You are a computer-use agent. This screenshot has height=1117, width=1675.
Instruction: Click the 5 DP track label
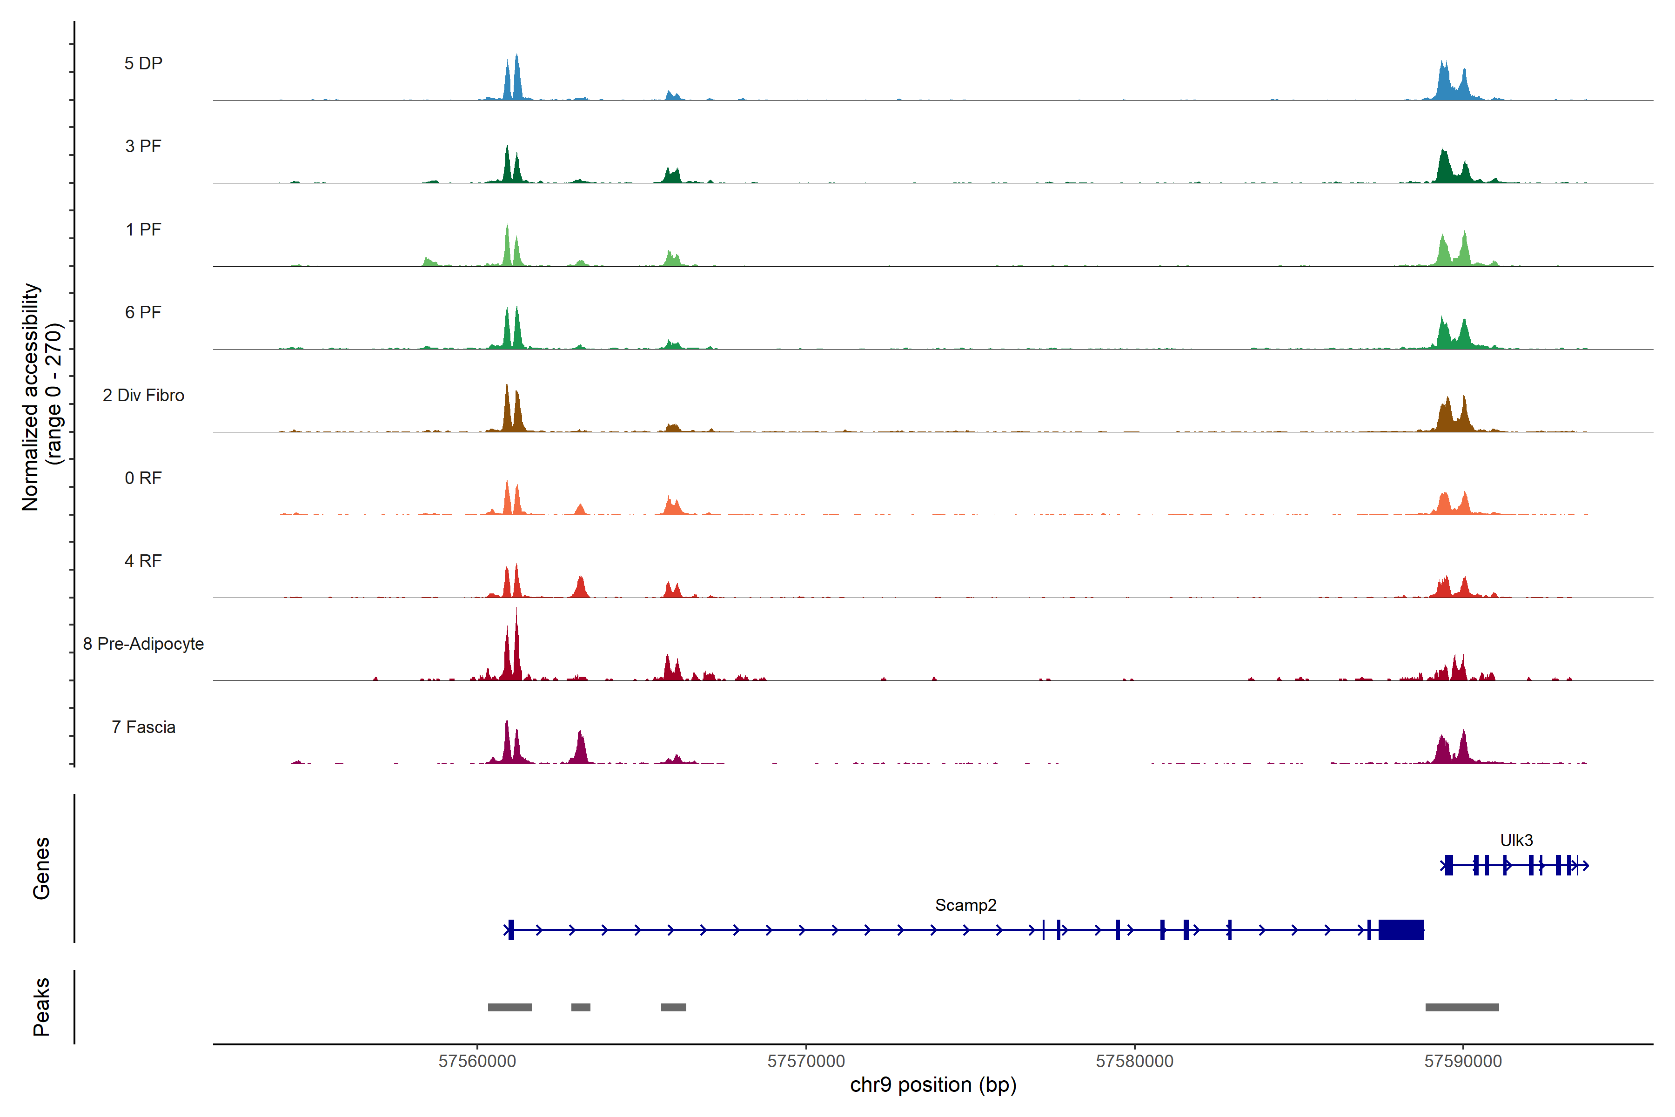click(143, 63)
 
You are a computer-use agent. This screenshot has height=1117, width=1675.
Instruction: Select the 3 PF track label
click(143, 146)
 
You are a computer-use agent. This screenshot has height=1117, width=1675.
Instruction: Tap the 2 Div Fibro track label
click(143, 395)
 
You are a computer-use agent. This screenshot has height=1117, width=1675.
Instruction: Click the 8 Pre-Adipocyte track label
click(143, 644)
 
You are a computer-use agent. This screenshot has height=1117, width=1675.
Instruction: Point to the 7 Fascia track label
click(143, 727)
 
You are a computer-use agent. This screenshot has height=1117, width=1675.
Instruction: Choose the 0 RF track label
click(143, 478)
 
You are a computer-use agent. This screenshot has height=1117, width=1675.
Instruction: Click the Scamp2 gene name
click(966, 905)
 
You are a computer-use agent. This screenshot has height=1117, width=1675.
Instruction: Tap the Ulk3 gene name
click(1516, 841)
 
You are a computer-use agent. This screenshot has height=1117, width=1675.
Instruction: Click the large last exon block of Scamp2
click(1401, 929)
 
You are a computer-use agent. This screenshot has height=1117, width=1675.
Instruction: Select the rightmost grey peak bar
click(1462, 1007)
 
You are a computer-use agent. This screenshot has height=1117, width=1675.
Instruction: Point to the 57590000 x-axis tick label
click(1463, 1062)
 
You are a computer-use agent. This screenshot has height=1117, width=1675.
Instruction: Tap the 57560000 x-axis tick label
click(477, 1062)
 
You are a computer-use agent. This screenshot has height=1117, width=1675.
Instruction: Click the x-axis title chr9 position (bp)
click(933, 1085)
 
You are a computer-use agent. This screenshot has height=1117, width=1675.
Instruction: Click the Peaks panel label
click(41, 1007)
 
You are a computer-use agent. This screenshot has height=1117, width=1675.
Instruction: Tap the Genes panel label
click(41, 868)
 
